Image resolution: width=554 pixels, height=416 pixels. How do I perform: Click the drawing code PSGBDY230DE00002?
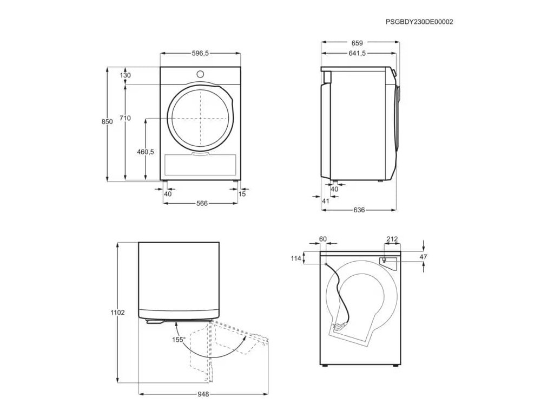point(419,22)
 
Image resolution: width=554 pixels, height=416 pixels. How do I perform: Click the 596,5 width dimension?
point(200,53)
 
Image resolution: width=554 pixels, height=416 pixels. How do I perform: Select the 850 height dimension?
point(107,122)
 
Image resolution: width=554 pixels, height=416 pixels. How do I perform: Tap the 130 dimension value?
point(126,75)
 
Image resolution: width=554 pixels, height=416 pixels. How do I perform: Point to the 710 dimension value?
point(126,118)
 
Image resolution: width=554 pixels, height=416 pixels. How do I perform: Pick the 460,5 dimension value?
point(146,152)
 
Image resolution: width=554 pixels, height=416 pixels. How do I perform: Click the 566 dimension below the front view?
point(201,203)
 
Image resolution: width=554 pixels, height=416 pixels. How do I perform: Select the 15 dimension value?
point(242,194)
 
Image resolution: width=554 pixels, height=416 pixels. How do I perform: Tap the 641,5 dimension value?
point(357,53)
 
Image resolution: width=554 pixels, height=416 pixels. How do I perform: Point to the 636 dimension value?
point(359,210)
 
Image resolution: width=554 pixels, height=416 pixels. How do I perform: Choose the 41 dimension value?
point(326,201)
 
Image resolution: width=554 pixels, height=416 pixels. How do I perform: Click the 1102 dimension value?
point(117,313)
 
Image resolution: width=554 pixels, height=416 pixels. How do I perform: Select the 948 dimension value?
point(203,394)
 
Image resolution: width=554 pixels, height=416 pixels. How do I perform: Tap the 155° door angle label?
point(179,340)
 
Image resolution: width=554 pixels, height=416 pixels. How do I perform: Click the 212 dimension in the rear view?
point(392,239)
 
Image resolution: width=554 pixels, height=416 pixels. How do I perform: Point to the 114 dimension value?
point(295,258)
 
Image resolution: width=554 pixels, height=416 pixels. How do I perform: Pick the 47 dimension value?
point(424,257)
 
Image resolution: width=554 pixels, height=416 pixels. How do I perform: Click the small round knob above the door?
point(200,74)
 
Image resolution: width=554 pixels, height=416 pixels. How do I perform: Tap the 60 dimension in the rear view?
point(323,239)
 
